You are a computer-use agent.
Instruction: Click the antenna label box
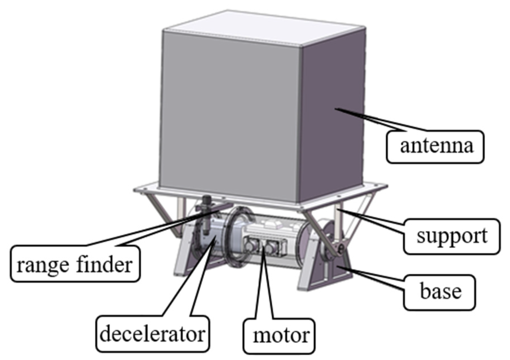pyautogui.click(x=435, y=147)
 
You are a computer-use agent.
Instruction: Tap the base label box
pyautogui.click(x=439, y=292)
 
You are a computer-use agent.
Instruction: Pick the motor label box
pyautogui.click(x=279, y=336)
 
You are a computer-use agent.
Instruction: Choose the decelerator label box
pyautogui.click(x=152, y=334)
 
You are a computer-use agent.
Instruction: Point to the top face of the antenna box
pyautogui.click(x=264, y=28)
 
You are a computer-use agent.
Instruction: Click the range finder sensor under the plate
pyautogui.click(x=206, y=214)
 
